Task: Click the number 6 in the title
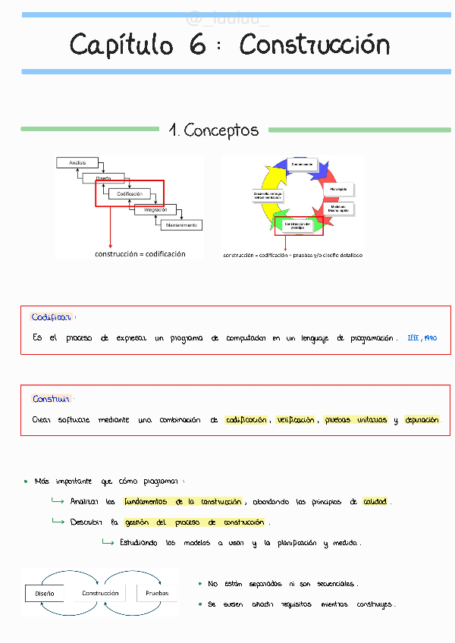pos(198,45)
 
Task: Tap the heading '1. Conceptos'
pos(213,130)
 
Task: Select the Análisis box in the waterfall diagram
pos(77,162)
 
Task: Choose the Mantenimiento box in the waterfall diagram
pos(180,224)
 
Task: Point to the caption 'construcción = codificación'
pos(140,254)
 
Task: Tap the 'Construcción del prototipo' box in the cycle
pos(298,225)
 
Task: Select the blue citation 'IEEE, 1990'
pos(422,338)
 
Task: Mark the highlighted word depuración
pos(422,420)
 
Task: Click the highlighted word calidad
pos(375,502)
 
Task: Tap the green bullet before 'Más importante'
pos(26,481)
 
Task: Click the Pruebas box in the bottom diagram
pos(157,593)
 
